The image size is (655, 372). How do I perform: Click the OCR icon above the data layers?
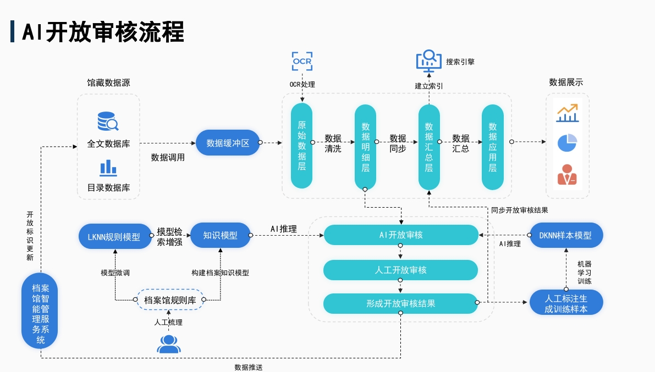point(302,61)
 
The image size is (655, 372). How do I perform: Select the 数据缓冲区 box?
point(228,143)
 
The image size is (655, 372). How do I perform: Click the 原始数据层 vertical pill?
point(301,146)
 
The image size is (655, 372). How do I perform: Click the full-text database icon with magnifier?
point(108,121)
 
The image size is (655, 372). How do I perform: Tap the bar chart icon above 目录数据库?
point(108,167)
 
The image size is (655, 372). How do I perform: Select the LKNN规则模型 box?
point(114,237)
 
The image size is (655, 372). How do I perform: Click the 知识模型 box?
point(220,235)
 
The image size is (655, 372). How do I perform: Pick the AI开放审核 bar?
point(400,235)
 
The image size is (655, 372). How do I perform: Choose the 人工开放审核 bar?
point(400,270)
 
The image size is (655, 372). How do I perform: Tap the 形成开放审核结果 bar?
point(400,303)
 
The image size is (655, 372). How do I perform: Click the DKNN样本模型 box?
point(566,235)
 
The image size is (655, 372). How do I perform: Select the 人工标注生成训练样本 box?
point(566,303)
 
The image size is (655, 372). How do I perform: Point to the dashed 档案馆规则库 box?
point(170,300)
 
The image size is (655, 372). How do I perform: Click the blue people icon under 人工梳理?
point(168,344)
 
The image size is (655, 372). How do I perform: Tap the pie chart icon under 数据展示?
point(566,143)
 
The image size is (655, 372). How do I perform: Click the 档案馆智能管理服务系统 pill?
point(40,311)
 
